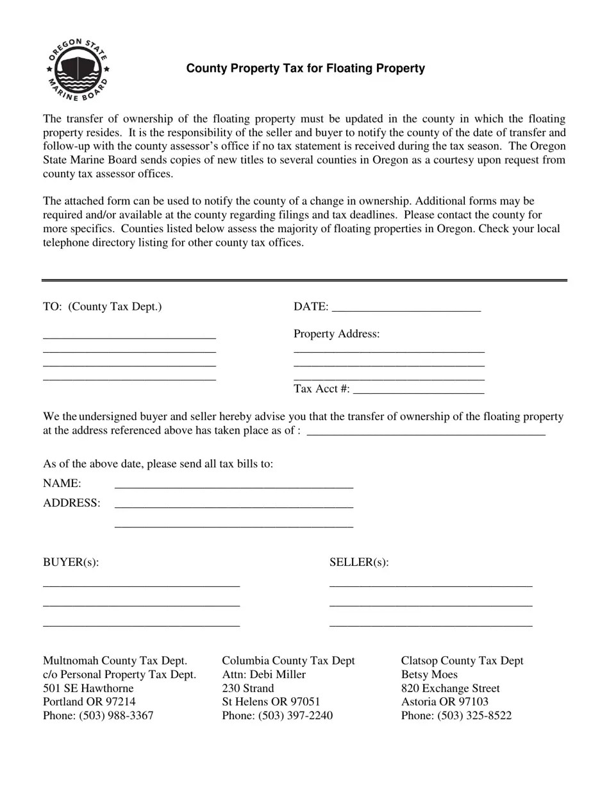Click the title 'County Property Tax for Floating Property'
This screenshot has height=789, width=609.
(305, 69)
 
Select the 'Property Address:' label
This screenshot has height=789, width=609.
(337, 334)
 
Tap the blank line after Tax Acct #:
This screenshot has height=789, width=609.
(418, 389)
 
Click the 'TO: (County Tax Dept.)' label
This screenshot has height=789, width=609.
(103, 307)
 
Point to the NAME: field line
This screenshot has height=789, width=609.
(233, 485)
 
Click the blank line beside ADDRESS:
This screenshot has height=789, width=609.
(233, 505)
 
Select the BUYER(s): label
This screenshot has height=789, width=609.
(71, 563)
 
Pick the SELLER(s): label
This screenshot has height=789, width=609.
(359, 563)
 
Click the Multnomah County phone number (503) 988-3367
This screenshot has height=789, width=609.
(116, 715)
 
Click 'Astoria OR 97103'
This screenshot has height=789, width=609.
(445, 702)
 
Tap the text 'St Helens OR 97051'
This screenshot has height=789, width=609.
(271, 702)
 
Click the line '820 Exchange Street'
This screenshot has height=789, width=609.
(451, 688)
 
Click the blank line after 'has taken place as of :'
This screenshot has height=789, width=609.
(426, 432)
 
